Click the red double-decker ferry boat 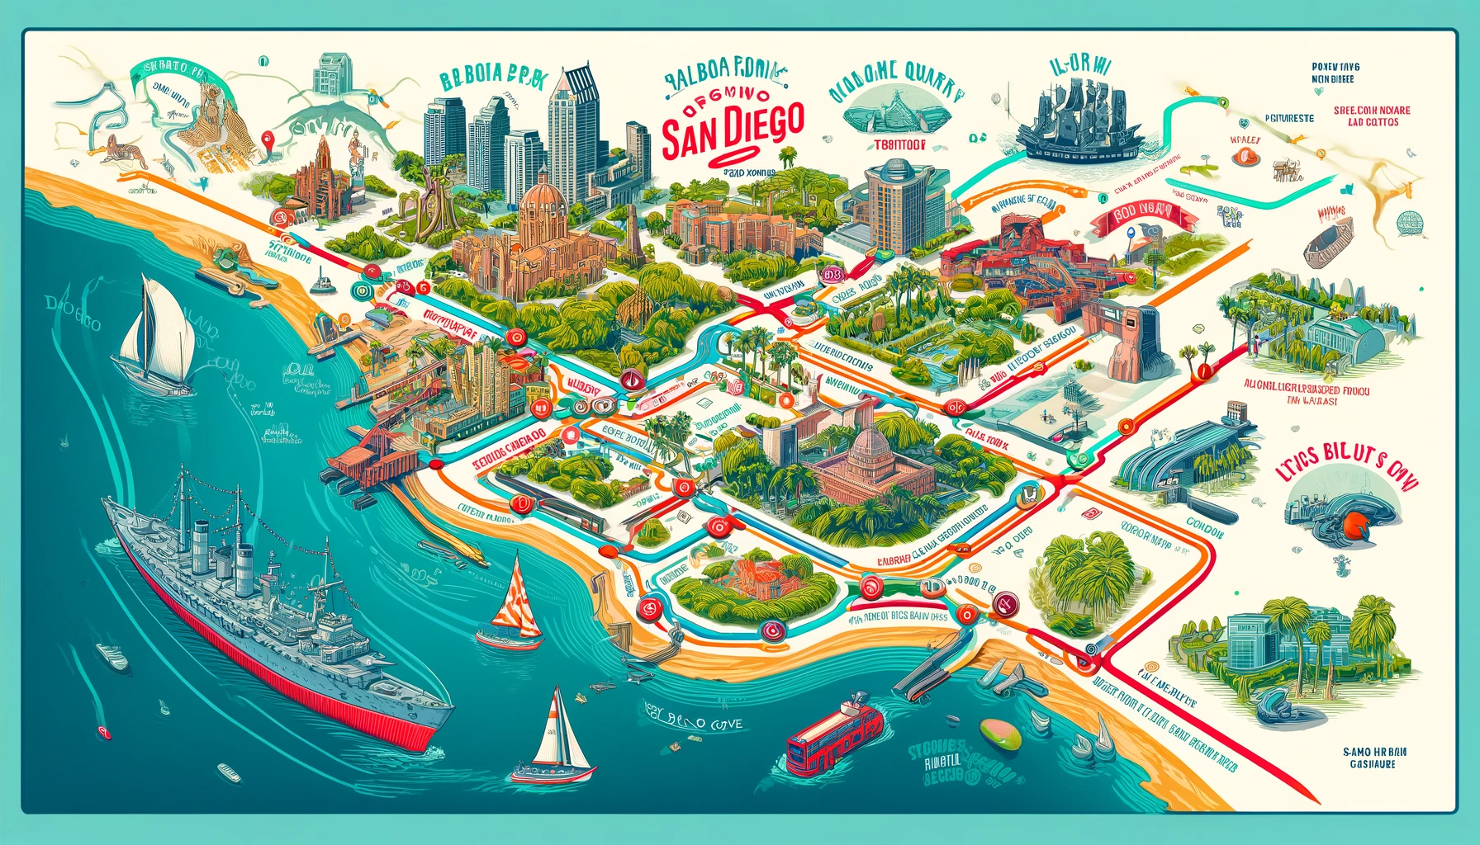pyautogui.click(x=835, y=738)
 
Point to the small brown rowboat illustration pyautogui.click(x=1331, y=239)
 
